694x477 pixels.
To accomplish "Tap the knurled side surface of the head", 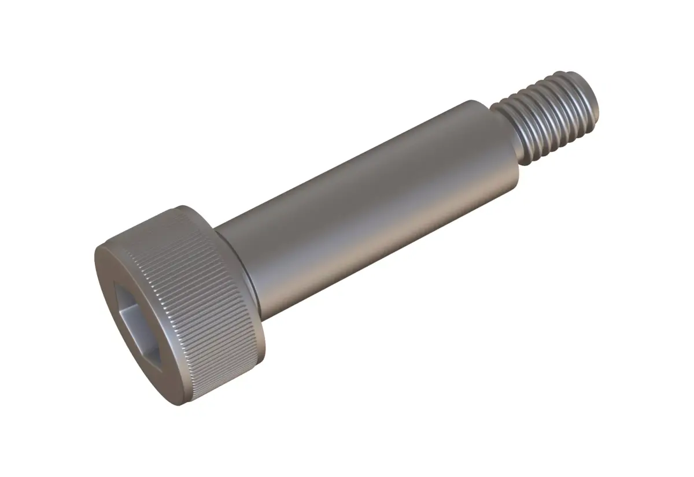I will (208, 289).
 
